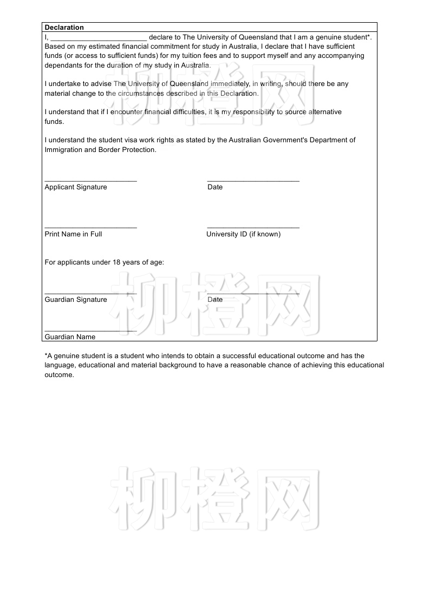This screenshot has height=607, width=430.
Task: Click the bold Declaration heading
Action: (x=64, y=28)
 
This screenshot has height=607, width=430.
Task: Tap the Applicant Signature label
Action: (x=76, y=187)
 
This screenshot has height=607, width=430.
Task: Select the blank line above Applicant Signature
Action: (x=90, y=180)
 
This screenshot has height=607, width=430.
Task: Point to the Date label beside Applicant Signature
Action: (x=215, y=187)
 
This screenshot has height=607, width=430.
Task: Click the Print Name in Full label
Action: (x=73, y=234)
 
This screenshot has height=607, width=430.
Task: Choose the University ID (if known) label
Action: (x=243, y=234)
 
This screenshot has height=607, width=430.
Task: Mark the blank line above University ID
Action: (x=253, y=227)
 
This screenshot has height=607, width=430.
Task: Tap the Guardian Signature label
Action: (x=76, y=300)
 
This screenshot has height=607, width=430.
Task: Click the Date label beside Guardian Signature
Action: (x=215, y=300)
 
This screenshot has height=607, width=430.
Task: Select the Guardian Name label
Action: (x=70, y=337)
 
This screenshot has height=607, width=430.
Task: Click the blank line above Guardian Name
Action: (x=90, y=330)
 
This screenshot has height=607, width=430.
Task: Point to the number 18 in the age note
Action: (x=116, y=262)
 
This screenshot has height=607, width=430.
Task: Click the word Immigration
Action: (x=63, y=150)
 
